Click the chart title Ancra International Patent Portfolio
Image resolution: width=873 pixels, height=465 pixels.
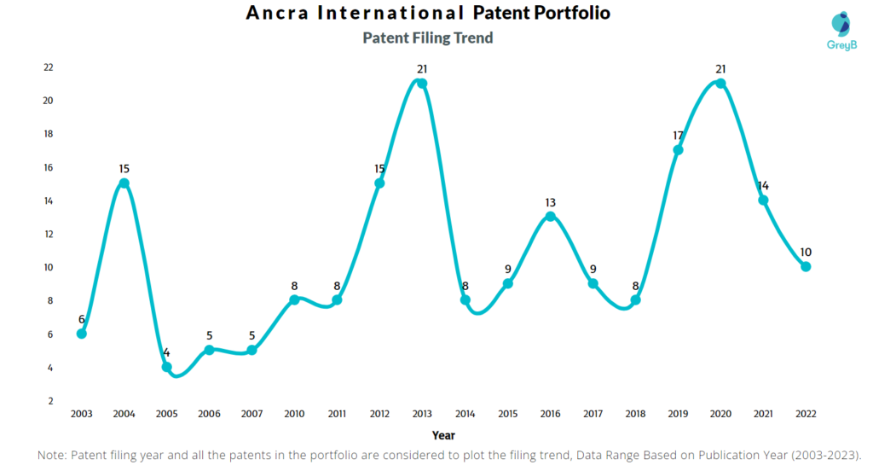[x=427, y=14]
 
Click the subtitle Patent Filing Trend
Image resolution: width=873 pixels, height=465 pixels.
[x=427, y=38]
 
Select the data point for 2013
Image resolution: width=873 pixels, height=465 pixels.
[x=422, y=84]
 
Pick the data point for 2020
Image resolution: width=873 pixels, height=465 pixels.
[x=720, y=84]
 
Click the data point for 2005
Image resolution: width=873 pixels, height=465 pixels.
[x=167, y=367]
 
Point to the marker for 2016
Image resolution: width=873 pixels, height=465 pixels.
[x=550, y=217]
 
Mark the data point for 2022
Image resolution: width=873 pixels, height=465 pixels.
[x=806, y=267]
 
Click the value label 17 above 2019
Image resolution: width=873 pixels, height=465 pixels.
[x=678, y=135]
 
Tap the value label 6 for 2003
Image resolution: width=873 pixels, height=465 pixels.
[x=82, y=319]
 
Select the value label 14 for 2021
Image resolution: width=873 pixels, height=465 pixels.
[x=763, y=185]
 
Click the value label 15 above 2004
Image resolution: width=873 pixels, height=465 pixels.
[x=124, y=168]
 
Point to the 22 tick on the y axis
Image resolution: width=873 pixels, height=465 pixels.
[x=48, y=67]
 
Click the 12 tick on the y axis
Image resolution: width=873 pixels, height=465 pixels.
[x=48, y=234]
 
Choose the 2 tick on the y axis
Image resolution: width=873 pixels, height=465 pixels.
[x=50, y=401]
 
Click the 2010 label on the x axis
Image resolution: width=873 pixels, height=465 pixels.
[x=294, y=414]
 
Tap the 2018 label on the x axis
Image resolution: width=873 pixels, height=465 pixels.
[x=635, y=414]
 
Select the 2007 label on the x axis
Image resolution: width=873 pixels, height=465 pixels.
[x=251, y=414]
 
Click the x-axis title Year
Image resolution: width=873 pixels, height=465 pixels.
[x=443, y=434]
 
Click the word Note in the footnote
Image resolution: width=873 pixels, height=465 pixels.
[x=53, y=456]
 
